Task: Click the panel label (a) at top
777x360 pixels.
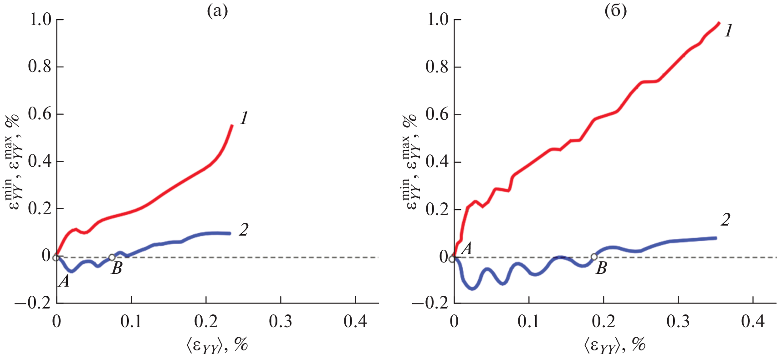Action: click(217, 10)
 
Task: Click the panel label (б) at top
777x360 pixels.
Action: click(615, 10)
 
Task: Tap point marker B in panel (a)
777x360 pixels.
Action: click(112, 257)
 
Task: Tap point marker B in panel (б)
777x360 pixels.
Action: click(594, 257)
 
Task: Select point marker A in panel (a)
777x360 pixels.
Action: click(56, 257)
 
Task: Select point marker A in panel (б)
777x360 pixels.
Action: click(452, 259)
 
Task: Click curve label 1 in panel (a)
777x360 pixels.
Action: click(244, 118)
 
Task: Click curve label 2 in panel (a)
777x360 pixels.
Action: click(244, 230)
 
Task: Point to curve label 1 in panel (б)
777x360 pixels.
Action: click(729, 31)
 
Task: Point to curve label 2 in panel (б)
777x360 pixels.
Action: click(726, 220)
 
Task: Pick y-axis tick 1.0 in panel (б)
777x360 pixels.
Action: click(437, 20)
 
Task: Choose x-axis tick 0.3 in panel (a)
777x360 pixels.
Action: click(281, 322)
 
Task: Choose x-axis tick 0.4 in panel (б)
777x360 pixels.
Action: click(753, 322)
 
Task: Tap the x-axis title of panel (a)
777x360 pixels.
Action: click(217, 345)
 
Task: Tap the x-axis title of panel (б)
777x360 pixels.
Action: click(614, 345)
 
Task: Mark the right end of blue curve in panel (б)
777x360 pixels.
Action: click(716, 238)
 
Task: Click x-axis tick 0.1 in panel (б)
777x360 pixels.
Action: click(529, 322)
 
